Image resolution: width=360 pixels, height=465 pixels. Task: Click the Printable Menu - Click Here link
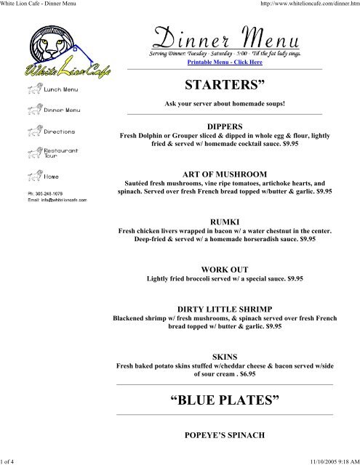(224, 62)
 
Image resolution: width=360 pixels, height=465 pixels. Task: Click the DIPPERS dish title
(224, 126)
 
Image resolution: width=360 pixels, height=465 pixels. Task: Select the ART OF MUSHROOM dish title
(224, 174)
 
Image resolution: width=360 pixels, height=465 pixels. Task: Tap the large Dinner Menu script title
(224, 36)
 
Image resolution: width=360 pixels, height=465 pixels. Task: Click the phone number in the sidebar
(44, 194)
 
